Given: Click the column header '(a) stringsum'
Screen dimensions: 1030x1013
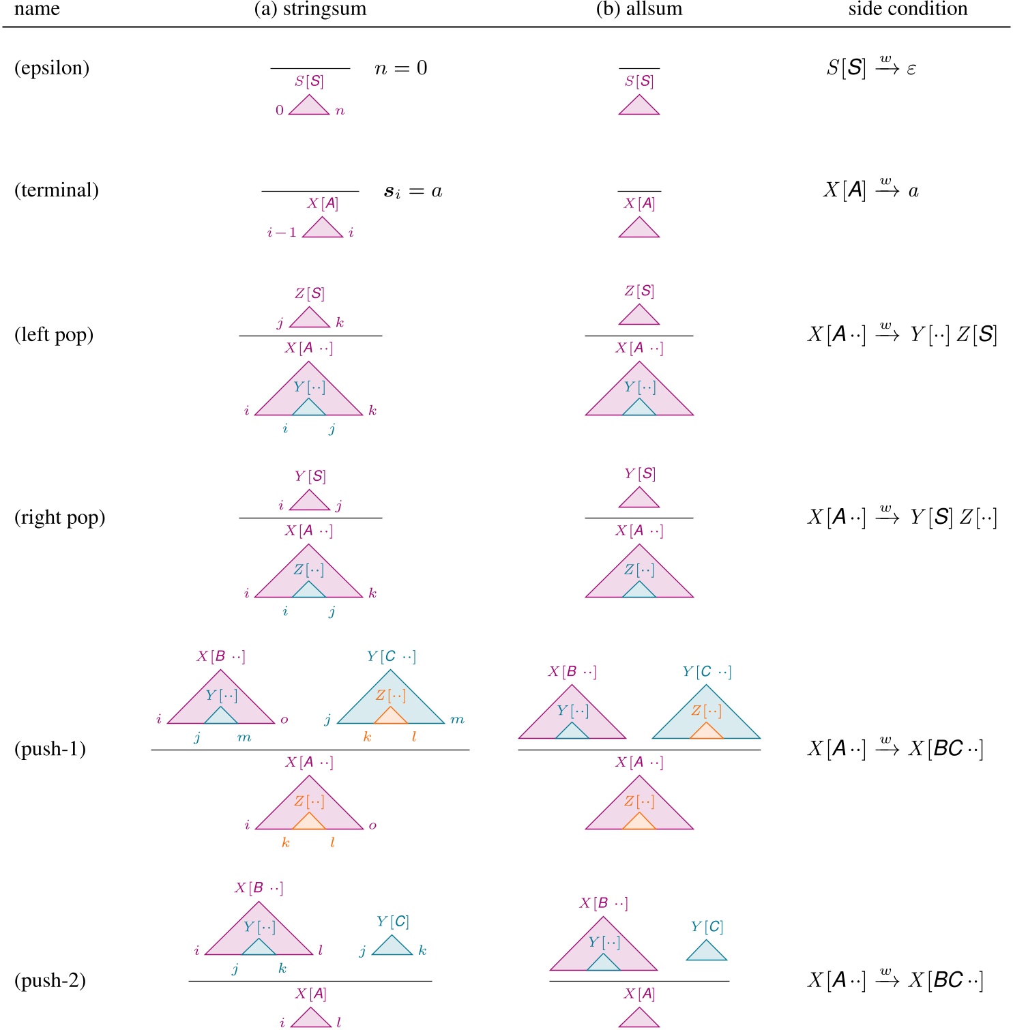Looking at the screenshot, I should pos(310,9).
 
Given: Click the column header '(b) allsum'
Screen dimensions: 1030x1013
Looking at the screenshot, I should pos(639,9).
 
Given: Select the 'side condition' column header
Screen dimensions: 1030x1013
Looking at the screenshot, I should pos(907,9).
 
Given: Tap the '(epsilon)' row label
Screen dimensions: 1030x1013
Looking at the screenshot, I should pos(52,68).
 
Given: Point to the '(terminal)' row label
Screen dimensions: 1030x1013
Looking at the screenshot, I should pos(57,190).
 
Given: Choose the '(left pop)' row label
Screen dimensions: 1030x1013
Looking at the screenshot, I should pos(54,335).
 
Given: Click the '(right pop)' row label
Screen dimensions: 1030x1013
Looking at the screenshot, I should pos(60,518).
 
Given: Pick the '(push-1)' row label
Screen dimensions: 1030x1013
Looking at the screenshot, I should pos(50,749).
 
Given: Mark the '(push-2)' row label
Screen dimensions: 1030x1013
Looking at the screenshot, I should pos(50,980).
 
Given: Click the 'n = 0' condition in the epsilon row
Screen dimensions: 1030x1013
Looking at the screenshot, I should pos(401,68).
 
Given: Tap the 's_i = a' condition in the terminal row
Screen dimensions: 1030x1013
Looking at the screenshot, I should pos(413,192).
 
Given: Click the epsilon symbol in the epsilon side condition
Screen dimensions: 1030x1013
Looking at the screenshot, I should pos(911,69).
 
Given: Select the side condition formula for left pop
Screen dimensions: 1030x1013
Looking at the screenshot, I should pos(902,334).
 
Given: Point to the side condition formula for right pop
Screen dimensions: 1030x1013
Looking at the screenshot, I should pos(902,517).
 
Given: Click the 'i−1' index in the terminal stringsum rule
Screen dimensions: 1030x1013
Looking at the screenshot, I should pos(282,233).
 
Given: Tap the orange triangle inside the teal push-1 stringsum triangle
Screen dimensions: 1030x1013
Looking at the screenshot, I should pos(391,716).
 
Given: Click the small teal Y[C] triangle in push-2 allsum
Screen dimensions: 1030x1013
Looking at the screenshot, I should pos(707,952).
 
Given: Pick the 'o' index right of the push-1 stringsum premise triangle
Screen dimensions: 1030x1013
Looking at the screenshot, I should pos(284,720).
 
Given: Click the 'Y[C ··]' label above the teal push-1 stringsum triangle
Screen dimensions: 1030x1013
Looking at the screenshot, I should pos(391,656).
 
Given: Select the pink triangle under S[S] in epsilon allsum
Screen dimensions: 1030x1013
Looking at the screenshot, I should pos(639,106).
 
